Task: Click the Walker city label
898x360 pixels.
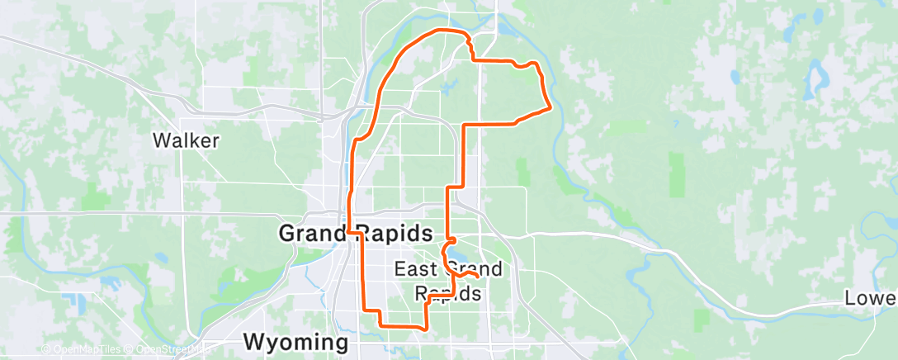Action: [187, 141]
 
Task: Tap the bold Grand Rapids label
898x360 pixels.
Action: [356, 233]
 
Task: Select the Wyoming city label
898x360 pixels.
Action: [295, 342]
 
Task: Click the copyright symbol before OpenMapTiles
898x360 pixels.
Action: [45, 349]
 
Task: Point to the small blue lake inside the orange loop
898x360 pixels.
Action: [448, 86]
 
